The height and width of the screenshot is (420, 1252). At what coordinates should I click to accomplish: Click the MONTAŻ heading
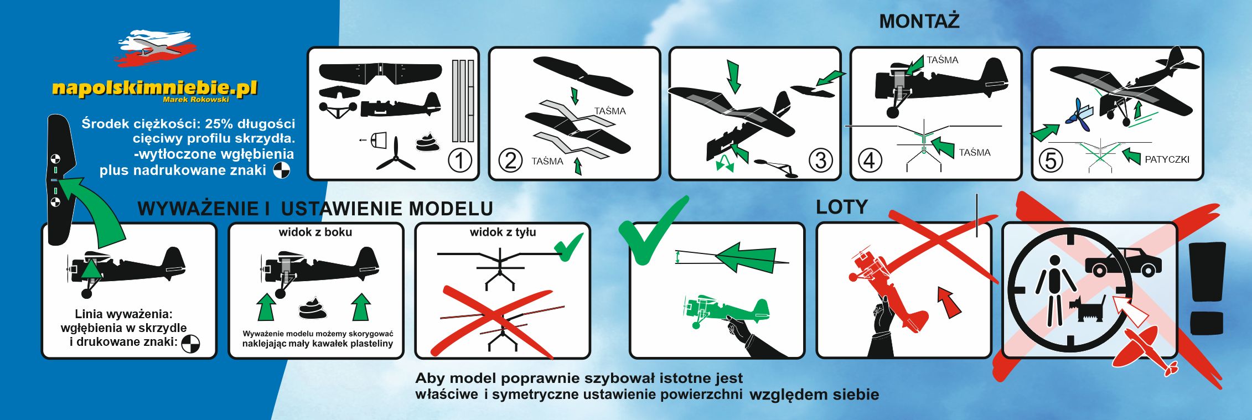[919, 21]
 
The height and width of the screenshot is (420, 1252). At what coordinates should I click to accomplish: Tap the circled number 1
[459, 160]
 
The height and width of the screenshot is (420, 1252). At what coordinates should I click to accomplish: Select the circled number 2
[510, 160]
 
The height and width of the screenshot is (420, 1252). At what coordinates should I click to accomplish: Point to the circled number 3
[820, 160]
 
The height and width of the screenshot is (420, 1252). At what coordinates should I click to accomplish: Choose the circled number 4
[870, 160]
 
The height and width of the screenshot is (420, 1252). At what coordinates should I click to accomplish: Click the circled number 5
[1051, 160]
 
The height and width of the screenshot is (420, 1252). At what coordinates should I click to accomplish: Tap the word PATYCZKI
[1167, 159]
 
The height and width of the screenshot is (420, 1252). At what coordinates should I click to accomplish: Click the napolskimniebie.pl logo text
[154, 88]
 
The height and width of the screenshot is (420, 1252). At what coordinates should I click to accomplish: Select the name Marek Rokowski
[196, 100]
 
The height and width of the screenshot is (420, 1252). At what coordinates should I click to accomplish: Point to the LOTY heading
[842, 207]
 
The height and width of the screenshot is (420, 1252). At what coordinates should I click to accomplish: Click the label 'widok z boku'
[315, 232]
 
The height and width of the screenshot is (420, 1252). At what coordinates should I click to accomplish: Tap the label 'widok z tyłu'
[503, 232]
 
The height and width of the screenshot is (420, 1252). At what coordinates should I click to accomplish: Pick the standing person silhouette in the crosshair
[1055, 289]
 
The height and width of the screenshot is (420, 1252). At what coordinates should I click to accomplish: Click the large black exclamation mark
[1207, 288]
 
